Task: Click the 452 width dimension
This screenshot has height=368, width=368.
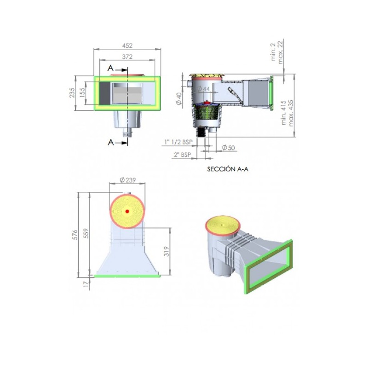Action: tap(127, 46)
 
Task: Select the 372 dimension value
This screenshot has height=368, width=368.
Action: tap(127, 57)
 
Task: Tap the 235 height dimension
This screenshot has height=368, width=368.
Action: tap(72, 93)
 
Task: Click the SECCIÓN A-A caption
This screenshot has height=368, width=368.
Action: tap(228, 169)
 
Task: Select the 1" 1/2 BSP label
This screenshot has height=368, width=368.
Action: tap(178, 142)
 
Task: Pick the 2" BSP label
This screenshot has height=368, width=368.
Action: tap(182, 155)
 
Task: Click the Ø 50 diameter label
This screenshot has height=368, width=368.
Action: tap(228, 148)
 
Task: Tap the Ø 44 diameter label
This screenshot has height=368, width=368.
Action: tap(203, 89)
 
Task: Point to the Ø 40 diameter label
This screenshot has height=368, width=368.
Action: tap(179, 99)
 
